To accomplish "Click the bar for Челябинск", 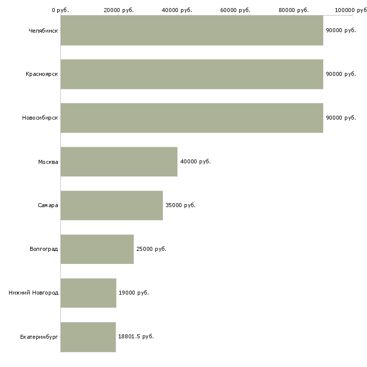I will (192, 30).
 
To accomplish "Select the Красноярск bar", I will (192, 74).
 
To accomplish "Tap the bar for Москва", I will (119, 161).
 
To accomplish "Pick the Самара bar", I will (112, 205).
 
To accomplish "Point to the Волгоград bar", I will (97, 249).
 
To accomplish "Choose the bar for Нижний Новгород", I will (88, 293).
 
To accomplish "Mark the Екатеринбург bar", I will (88, 336).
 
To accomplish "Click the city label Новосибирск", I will (40, 118).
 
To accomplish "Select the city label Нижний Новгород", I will (33, 293).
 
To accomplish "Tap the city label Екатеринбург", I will (39, 336).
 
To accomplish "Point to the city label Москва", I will (48, 161).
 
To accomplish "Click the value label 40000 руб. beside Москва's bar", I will (195, 161).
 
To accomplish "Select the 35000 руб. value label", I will (180, 205).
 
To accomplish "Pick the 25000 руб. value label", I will (151, 249).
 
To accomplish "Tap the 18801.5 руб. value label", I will (136, 336).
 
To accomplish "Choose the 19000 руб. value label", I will (133, 293).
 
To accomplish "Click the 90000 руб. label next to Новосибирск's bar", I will (340, 118).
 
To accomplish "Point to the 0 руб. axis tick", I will (60, 10).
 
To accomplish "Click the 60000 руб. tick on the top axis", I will (235, 10).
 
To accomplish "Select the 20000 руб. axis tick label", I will (119, 10).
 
